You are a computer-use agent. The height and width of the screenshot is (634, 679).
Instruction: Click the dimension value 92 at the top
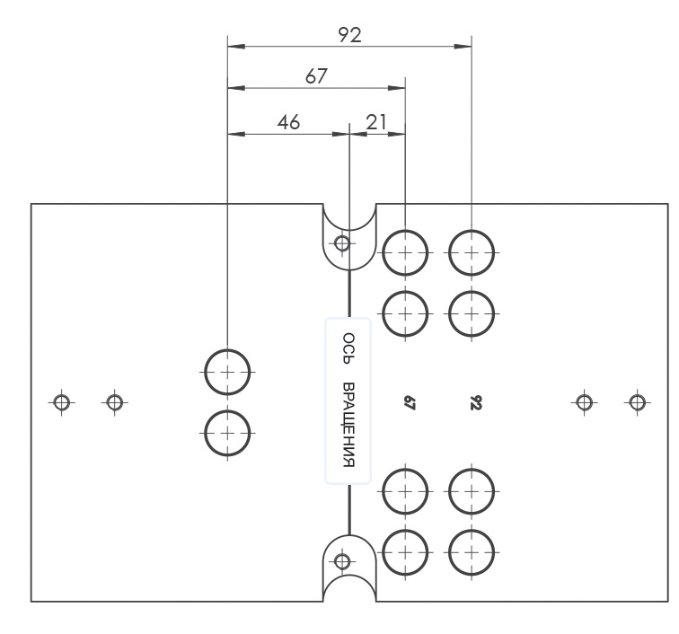coord(349,35)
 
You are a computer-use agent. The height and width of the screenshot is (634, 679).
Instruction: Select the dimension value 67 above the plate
coord(316,76)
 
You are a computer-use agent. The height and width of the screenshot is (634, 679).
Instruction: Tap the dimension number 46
coord(288,122)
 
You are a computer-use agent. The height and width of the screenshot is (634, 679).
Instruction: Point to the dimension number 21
coord(375,122)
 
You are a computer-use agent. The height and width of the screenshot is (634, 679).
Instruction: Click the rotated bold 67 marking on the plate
coord(410,402)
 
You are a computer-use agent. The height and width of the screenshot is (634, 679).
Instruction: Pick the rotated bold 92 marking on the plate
coord(475,402)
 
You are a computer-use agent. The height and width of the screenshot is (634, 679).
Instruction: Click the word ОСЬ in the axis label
coord(348,348)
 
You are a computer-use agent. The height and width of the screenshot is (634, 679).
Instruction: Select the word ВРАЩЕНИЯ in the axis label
coord(348,425)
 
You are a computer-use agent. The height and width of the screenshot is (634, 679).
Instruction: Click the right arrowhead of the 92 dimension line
coord(463,47)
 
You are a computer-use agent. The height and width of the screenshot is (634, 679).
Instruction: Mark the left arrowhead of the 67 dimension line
coord(236,88)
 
